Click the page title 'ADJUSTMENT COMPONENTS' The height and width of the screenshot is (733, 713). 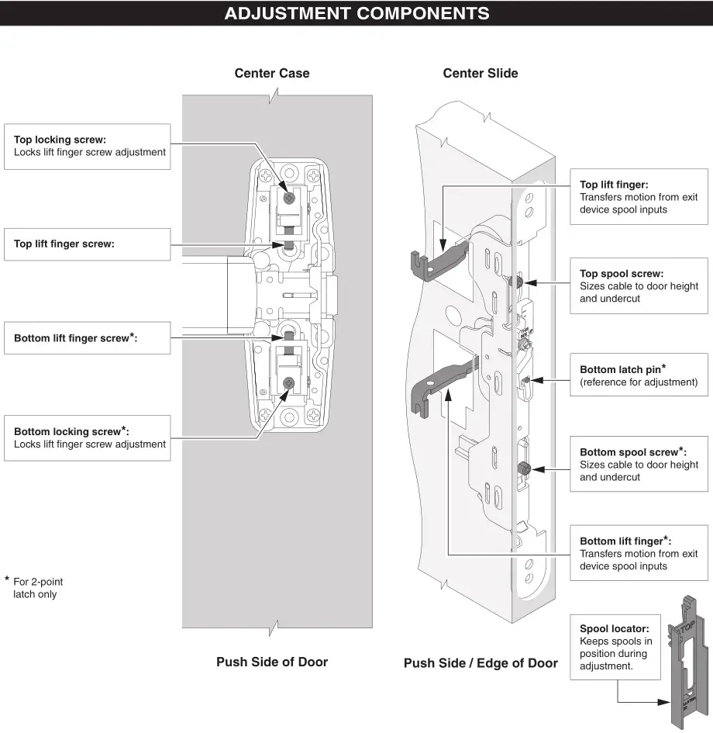point(356,13)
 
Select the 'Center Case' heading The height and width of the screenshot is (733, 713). point(272,74)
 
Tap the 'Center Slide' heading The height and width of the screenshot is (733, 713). point(480,74)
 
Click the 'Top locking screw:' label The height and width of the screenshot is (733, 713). point(60,140)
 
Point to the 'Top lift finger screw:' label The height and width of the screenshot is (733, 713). point(64,244)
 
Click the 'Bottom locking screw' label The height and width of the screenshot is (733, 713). point(71,430)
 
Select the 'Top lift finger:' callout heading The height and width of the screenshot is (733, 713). point(615,185)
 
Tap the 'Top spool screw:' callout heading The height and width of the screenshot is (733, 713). point(622,273)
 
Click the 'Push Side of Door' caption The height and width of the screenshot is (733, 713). point(272,662)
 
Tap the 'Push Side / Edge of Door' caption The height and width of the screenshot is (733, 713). point(480,663)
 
